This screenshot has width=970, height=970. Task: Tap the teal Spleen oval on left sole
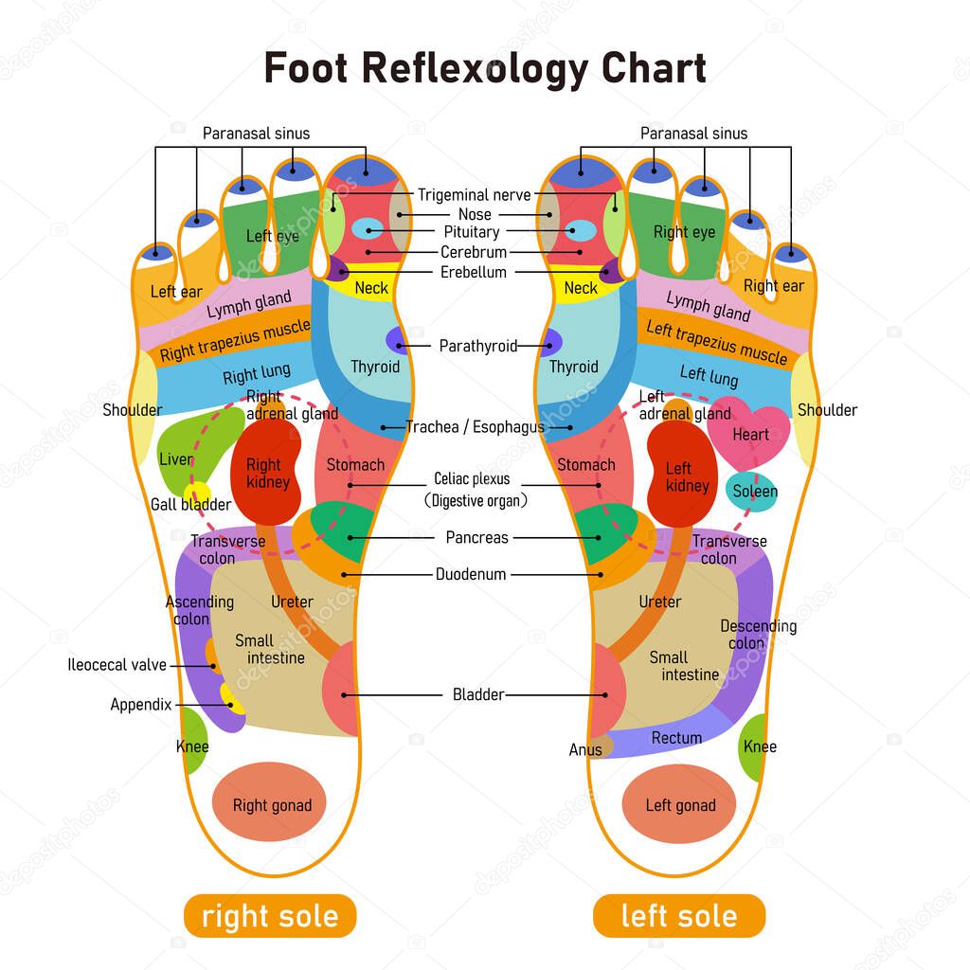(751, 492)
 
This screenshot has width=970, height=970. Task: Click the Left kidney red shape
(682, 474)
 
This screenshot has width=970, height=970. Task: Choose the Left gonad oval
(678, 803)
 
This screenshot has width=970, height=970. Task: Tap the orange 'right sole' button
(270, 916)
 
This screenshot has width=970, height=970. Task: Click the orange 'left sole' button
(679, 916)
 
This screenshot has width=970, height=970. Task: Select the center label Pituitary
(472, 232)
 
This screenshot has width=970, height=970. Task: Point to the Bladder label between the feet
(478, 694)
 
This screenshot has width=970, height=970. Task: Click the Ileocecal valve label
(117, 665)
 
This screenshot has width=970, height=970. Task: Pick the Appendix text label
(141, 705)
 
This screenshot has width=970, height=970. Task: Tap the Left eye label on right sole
(272, 236)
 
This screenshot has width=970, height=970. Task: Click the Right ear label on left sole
(774, 286)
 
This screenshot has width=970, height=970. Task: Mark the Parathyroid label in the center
(478, 346)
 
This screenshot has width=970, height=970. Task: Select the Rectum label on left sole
(676, 738)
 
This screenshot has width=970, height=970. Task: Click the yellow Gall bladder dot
(198, 493)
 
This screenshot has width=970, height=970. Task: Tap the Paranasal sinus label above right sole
(256, 134)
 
